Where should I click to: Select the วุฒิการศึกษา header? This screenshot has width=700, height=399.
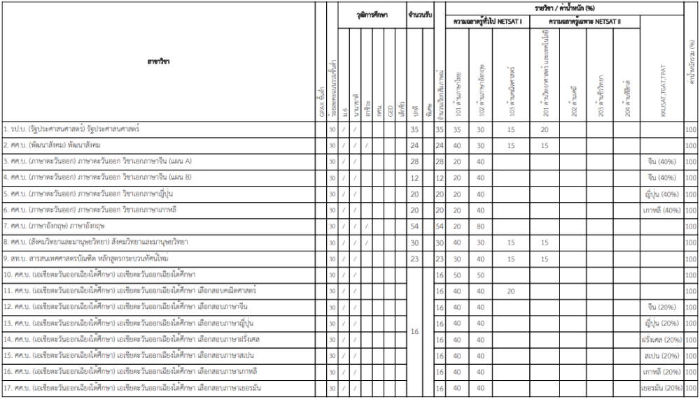372,14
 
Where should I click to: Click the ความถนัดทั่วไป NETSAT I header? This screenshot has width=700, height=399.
488,22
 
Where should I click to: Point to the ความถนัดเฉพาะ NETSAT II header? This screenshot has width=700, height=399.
585,22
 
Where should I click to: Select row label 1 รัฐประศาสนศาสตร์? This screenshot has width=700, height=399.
71,129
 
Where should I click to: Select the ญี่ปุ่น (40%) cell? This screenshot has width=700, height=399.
662,194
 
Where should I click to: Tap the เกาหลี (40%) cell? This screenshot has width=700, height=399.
662,210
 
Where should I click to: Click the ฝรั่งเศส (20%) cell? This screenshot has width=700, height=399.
662,340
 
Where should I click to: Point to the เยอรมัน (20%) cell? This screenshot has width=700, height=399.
662,388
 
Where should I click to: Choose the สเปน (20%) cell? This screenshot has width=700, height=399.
662,356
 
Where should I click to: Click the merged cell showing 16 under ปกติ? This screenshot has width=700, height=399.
414,331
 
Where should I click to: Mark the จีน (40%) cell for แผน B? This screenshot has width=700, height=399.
662,177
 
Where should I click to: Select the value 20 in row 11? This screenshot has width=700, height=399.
511,291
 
